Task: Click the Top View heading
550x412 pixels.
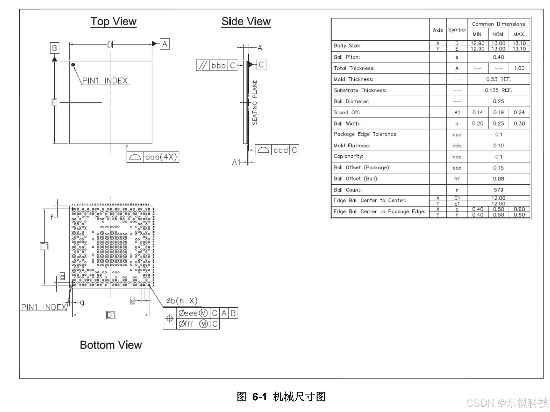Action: pyautogui.click(x=113, y=22)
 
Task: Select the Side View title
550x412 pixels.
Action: pyautogui.click(x=246, y=22)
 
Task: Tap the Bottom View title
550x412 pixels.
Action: pyautogui.click(x=111, y=345)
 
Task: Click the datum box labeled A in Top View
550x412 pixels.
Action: pyautogui.click(x=165, y=44)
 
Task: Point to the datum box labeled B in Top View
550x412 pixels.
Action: pyautogui.click(x=55, y=48)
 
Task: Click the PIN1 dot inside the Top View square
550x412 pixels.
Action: pyautogui.click(x=73, y=65)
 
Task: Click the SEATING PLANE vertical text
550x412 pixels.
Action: pyautogui.click(x=255, y=102)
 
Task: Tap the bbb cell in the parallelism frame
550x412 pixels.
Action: pyautogui.click(x=218, y=65)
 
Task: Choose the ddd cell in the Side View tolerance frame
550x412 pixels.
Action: pyautogui.click(x=281, y=150)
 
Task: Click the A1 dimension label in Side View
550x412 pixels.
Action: pyautogui.click(x=236, y=162)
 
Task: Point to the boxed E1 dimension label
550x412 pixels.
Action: pyautogui.click(x=44, y=246)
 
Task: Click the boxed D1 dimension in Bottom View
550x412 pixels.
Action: pyautogui.click(x=111, y=315)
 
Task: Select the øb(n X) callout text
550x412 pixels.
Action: pyautogui.click(x=182, y=301)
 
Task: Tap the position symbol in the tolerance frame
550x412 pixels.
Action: pyautogui.click(x=169, y=318)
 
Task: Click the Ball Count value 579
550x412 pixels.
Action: pyautogui.click(x=498, y=190)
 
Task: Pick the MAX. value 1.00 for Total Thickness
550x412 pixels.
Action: pyautogui.click(x=519, y=68)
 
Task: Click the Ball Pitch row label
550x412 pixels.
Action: pyautogui.click(x=347, y=57)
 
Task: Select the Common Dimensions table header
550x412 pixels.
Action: pyautogui.click(x=498, y=24)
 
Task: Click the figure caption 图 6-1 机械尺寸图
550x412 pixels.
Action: pyautogui.click(x=281, y=396)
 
